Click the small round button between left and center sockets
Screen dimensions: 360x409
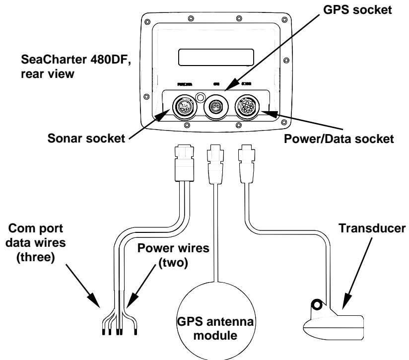coord(200,96)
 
